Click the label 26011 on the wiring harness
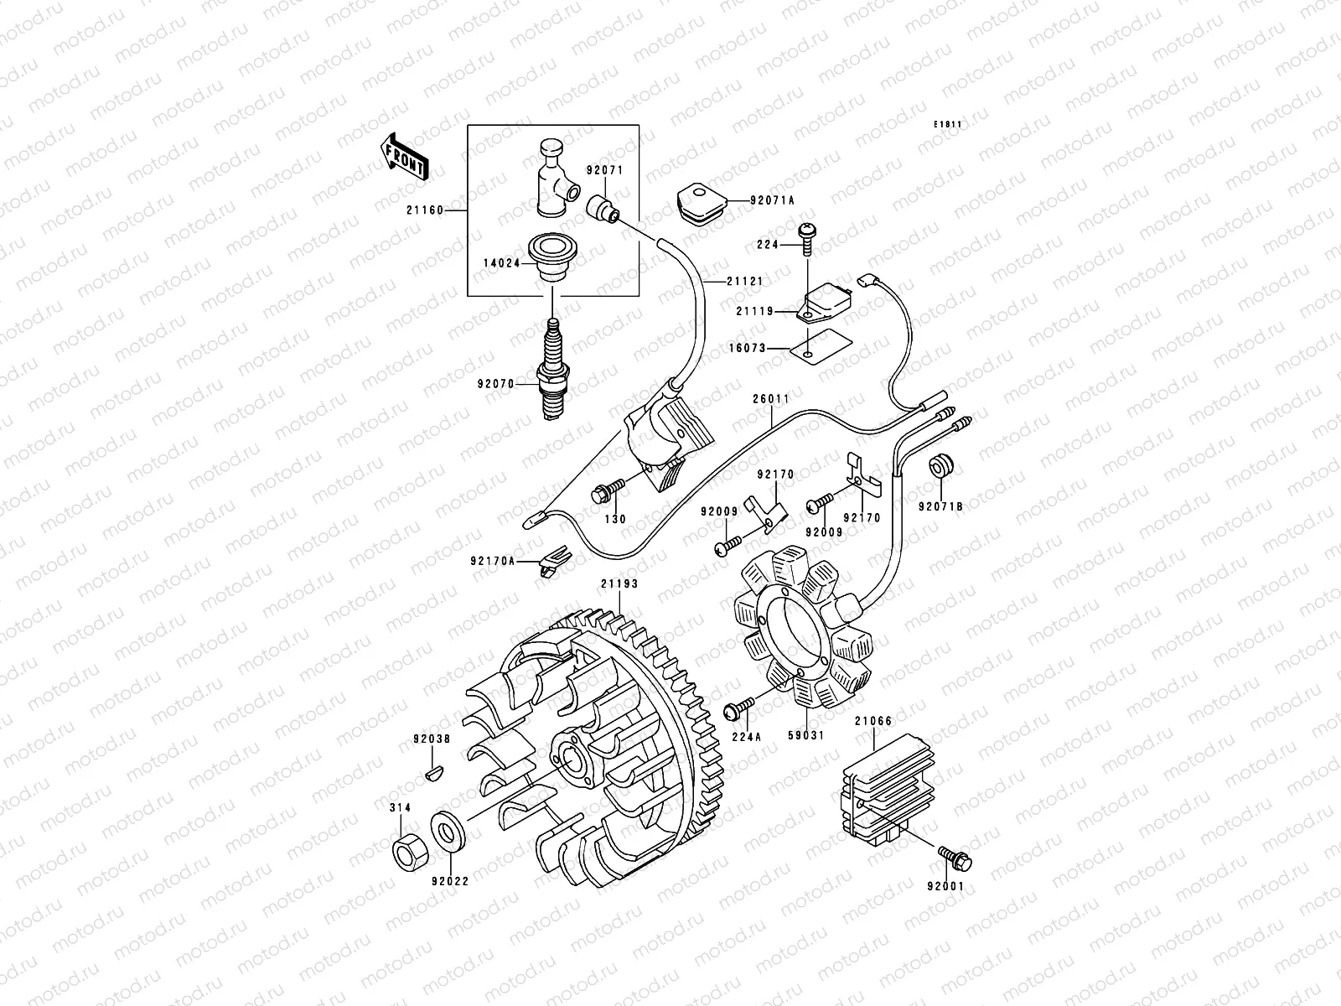[770, 400]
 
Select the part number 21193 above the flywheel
[618, 584]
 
